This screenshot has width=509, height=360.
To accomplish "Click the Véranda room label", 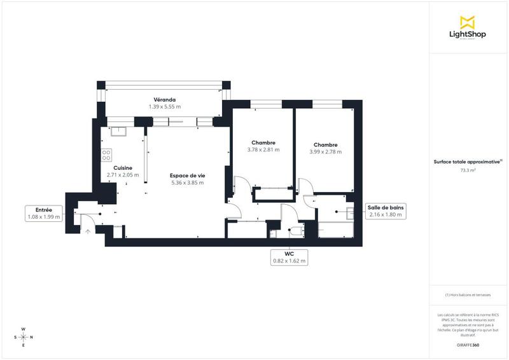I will (164, 99).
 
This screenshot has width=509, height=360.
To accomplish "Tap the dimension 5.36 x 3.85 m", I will (187, 183).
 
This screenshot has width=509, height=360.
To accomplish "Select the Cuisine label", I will (123, 168).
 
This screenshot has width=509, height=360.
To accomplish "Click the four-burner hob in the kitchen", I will (106, 155).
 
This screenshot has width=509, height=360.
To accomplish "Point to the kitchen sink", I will (119, 132).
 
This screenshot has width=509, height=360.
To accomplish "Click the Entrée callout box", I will (44, 213).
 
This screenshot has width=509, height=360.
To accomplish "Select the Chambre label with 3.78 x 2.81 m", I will (263, 142).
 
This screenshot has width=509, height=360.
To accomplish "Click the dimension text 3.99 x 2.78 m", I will (325, 152).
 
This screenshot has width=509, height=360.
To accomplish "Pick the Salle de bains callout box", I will (386, 211).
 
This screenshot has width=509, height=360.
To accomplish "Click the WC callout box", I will (289, 257).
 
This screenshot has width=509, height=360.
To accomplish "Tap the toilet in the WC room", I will (296, 231).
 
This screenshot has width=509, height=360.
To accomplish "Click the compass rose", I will (24, 337).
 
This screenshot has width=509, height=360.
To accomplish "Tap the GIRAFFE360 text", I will (468, 345).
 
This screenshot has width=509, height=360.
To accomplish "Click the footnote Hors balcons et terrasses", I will (468, 295).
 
